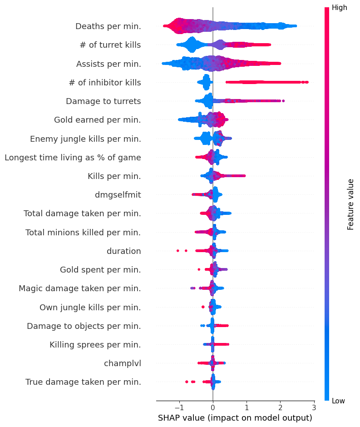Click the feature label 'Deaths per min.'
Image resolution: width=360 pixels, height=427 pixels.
(108, 26)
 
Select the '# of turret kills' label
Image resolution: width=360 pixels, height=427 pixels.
(110, 45)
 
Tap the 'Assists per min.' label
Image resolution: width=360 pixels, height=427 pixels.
(108, 64)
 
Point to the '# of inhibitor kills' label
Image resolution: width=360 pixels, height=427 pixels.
(105, 83)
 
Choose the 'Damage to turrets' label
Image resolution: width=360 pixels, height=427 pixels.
(103, 101)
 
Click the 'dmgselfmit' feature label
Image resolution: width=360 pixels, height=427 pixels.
(118, 195)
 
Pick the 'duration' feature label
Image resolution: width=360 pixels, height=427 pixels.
(123, 251)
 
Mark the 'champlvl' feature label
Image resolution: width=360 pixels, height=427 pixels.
(122, 363)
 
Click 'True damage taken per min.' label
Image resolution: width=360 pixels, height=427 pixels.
(83, 382)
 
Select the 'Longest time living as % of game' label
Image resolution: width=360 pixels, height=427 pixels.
(73, 158)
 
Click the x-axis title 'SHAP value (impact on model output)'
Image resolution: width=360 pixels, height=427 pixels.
(235, 418)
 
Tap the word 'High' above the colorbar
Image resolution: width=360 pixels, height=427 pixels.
(340, 7)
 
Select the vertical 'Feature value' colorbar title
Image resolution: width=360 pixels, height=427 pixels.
(350, 204)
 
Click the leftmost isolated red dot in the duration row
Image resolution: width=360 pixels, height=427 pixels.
(178, 250)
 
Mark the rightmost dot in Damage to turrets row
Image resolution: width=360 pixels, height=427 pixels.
(283, 101)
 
